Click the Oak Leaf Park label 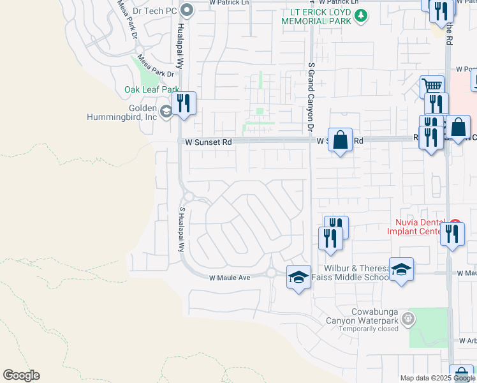152,90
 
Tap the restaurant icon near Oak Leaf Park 184,104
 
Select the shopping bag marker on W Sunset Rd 341,140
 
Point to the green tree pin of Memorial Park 361,15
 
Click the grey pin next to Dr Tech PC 187,10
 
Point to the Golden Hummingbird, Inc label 122,112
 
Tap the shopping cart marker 432,87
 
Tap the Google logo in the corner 21,375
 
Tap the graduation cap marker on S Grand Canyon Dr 298,277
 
